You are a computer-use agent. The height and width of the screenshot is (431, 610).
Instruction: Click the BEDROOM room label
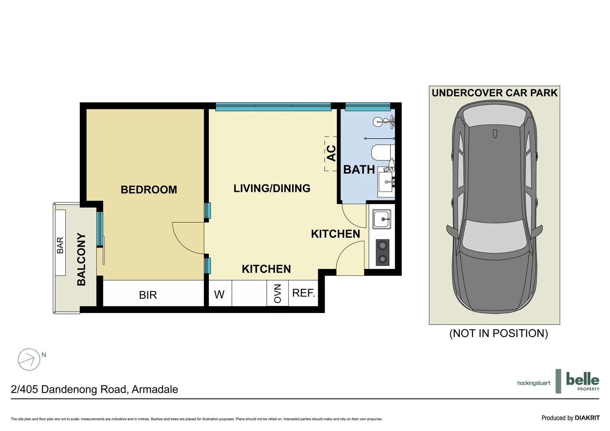point(149,190)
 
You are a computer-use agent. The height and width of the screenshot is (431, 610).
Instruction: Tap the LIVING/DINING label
point(272,188)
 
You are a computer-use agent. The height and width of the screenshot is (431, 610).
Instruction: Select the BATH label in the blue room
point(359,170)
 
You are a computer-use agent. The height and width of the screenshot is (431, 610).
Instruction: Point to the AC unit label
point(331,153)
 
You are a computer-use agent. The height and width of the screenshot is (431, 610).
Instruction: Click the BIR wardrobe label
point(148,295)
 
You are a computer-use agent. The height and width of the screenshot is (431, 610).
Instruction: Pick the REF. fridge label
point(303,293)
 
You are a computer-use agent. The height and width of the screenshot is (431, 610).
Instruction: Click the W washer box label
point(219,295)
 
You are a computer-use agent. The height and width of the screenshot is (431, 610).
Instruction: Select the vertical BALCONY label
point(81,259)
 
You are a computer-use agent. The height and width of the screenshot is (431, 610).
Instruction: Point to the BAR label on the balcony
point(60,245)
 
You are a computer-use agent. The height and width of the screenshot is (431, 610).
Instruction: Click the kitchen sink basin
point(382,219)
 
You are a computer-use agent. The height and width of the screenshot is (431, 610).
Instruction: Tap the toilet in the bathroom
point(382,152)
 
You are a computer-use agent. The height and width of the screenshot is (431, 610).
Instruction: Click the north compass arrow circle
point(29,360)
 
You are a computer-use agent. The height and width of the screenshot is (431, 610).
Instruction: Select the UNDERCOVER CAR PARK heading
point(494,93)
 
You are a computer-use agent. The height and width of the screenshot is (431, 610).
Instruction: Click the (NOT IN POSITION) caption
point(499,333)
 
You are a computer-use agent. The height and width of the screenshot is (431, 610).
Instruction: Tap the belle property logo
point(582,381)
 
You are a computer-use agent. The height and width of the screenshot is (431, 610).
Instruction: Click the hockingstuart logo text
point(533,383)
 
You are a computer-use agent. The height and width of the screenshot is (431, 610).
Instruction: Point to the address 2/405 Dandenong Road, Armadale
point(95,389)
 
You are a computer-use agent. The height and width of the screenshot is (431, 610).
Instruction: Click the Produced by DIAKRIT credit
point(570,418)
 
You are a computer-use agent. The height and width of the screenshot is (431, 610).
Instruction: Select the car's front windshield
point(494,234)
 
